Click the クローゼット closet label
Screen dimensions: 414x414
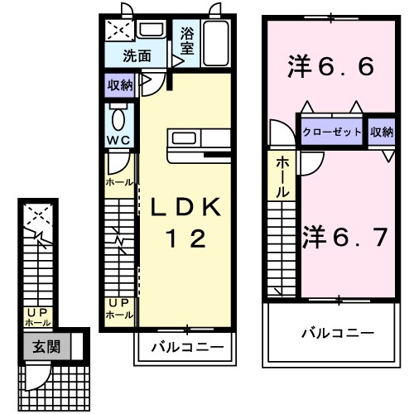pyautogui.click(x=331, y=132)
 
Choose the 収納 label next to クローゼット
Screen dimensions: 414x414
pyautogui.click(x=382, y=132)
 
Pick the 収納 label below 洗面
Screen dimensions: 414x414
pyautogui.click(x=119, y=85)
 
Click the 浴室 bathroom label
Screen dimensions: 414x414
pyautogui.click(x=186, y=42)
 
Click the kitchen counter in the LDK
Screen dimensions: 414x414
pyautogui.click(x=195, y=146)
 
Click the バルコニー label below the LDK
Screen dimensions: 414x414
pyautogui.click(x=186, y=348)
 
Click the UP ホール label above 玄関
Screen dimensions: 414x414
pyautogui.click(x=36, y=316)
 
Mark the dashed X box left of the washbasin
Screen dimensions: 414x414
pyautogui.click(x=118, y=31)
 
